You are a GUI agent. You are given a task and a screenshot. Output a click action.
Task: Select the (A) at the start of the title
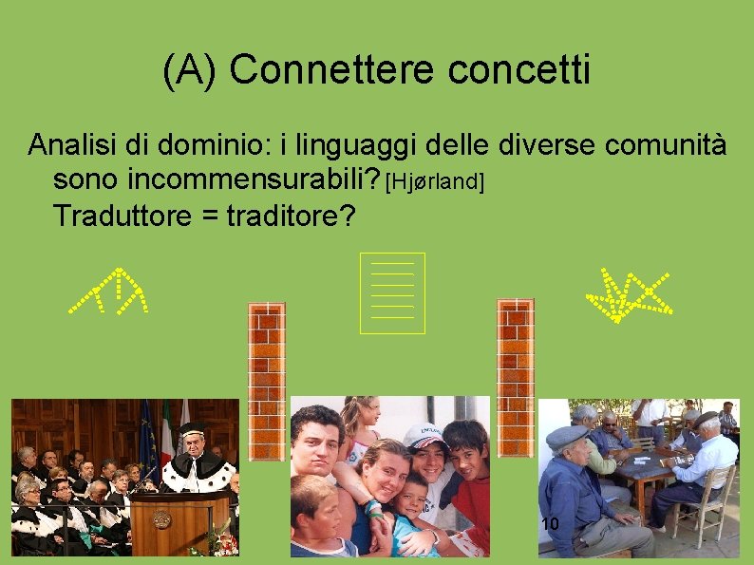pos(191,69)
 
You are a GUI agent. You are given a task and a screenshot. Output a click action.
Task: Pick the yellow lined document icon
pos(392,292)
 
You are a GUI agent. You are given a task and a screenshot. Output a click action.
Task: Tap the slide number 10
pos(549,524)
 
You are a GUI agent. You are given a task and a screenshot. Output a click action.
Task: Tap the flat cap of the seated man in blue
pos(567,436)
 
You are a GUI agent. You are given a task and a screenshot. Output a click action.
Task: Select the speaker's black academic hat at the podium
pos(193,428)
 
